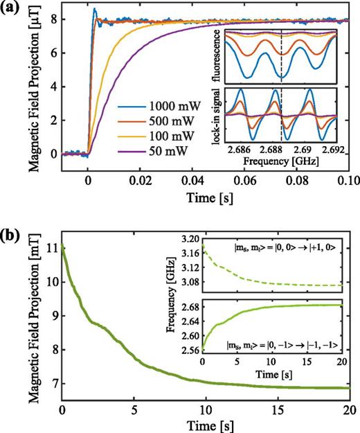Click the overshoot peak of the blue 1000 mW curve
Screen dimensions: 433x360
(94, 10)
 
